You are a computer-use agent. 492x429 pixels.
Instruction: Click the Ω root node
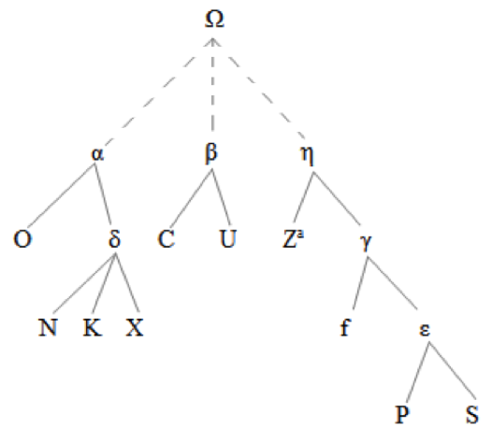[214, 19]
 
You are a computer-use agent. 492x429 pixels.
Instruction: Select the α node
[97, 154]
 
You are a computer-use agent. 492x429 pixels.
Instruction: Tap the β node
[211, 153]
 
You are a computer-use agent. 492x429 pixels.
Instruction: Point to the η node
[307, 155]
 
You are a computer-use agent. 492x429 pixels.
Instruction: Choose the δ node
[114, 239]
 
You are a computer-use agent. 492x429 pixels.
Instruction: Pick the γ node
[366, 242]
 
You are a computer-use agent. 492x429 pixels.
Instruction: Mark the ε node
[425, 330]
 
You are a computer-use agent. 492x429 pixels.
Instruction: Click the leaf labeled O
[22, 239]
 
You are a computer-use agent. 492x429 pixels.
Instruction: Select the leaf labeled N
[48, 327]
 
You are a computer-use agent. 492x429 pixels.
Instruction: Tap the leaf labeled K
[93, 327]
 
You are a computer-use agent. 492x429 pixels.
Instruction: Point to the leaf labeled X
[135, 327]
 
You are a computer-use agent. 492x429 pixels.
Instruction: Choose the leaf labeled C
[166, 239]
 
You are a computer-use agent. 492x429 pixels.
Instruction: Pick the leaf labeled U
[227, 239]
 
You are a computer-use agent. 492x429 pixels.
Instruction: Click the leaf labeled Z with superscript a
[294, 239]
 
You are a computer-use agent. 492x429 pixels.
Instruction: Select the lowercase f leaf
[345, 327]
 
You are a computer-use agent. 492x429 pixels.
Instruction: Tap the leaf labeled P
[402, 414]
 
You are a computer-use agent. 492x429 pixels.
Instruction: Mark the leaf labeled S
[472, 414]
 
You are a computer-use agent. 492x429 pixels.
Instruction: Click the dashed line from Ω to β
[212, 85]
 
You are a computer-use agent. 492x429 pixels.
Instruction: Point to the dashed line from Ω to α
[158, 93]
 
